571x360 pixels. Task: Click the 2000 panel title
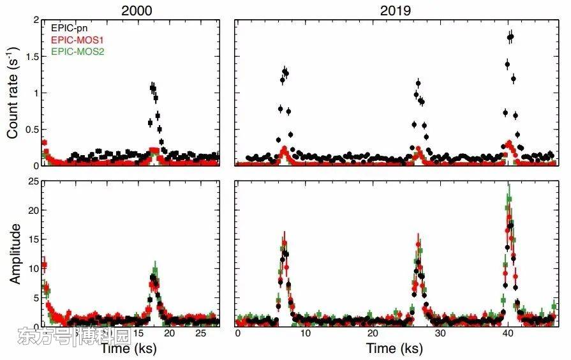tap(129, 10)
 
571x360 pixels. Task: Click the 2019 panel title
tap(397, 10)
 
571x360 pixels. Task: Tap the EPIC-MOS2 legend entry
tap(77, 50)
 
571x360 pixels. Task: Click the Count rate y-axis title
tap(13, 93)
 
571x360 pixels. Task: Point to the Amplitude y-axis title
tap(13, 253)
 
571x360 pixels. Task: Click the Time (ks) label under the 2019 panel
tap(394, 349)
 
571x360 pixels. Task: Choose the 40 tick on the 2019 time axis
tap(507, 333)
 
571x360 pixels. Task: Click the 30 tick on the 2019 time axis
tap(440, 333)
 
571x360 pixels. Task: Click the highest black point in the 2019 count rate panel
tap(511, 37)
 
